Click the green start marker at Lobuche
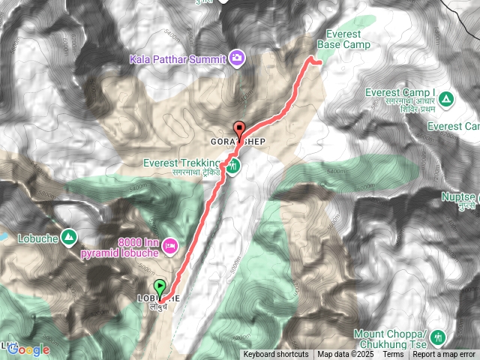pyautogui.click(x=160, y=286)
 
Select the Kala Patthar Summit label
pyautogui.click(x=178, y=57)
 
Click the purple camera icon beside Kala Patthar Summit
pyautogui.click(x=237, y=57)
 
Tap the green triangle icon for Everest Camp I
pyautogui.click(x=446, y=98)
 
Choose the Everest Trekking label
pyautogui.click(x=181, y=163)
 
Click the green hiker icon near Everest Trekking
pyautogui.click(x=233, y=166)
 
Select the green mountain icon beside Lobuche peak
pyautogui.click(x=69, y=236)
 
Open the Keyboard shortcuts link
pyautogui.click(x=275, y=355)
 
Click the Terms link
pyautogui.click(x=393, y=355)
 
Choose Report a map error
pyautogui.click(x=444, y=355)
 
